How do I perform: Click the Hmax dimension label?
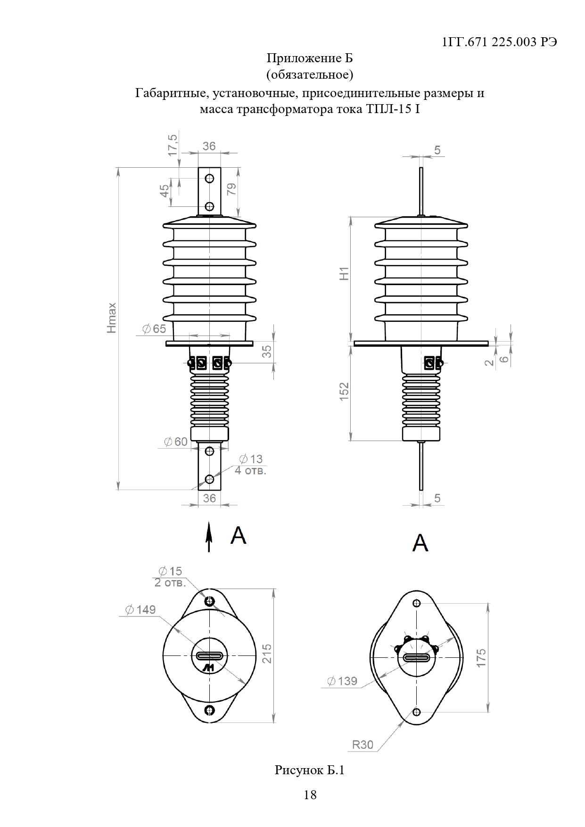[x=112, y=318]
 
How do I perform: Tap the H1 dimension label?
[x=345, y=273]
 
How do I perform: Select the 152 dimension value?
[x=344, y=392]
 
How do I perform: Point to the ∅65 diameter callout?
[x=154, y=329]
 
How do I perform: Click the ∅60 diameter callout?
[x=175, y=442]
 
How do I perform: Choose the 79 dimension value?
[x=231, y=189]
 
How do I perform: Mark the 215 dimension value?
[x=267, y=654]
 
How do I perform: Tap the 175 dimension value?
[x=481, y=657]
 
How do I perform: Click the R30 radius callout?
[x=363, y=745]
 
